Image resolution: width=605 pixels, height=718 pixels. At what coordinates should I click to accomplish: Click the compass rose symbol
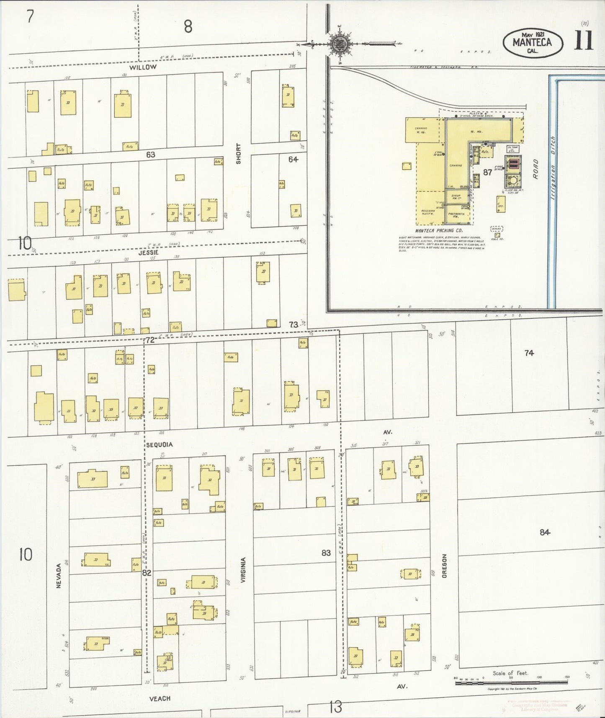pos(337,43)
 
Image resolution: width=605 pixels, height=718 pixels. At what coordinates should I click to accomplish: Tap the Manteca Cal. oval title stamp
pos(533,43)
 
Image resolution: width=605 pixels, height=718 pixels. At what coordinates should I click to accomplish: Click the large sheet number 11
pos(583,41)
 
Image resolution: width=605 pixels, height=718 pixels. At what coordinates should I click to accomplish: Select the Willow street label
pos(143,67)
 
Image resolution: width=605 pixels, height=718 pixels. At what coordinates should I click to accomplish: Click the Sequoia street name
pos(159,444)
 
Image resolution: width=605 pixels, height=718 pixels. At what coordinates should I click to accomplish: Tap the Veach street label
pos(160,698)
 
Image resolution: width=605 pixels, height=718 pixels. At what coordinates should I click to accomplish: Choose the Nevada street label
pos(59,576)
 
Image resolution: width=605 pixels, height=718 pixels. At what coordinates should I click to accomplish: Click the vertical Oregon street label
pos(444,566)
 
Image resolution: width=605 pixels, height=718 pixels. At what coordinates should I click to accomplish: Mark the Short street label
pos(238,154)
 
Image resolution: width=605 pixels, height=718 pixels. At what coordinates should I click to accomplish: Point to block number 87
pos(487,172)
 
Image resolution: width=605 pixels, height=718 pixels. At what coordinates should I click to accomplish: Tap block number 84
pos(544,532)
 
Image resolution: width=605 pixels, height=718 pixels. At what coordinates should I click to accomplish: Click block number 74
pos(529,353)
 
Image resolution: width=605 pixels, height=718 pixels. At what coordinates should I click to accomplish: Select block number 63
pos(151,155)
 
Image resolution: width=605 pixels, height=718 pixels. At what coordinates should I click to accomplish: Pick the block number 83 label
pos(326,553)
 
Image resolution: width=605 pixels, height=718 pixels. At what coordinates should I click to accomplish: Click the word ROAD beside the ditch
pos(535,169)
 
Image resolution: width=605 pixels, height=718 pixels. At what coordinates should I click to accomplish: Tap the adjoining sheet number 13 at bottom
pos(335,708)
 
